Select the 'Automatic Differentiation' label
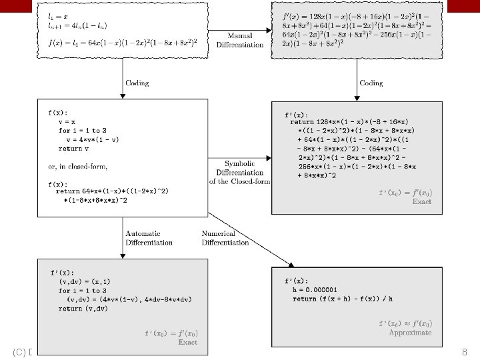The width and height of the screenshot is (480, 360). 149,238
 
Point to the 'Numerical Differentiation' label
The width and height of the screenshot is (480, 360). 225,238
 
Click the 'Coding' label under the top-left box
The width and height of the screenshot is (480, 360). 137,83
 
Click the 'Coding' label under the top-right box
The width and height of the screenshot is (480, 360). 371,83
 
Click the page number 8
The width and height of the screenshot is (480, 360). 464,351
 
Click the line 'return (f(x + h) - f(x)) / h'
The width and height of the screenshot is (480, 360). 349,299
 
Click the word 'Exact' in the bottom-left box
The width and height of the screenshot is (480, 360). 187,342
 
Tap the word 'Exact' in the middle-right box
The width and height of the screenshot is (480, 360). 421,201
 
